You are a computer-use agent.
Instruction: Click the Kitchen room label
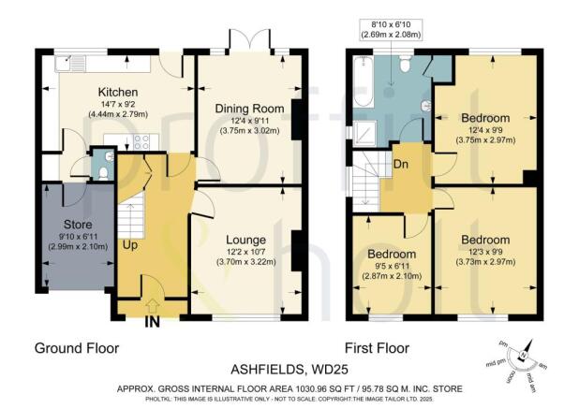(119, 92)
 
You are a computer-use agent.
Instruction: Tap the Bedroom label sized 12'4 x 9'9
(485, 118)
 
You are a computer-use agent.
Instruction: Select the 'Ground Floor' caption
(77, 347)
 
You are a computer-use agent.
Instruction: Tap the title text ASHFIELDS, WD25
(289, 369)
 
